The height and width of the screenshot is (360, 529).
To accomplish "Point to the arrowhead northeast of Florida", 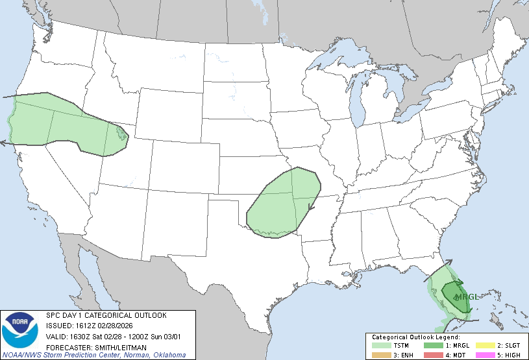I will tap(448, 261).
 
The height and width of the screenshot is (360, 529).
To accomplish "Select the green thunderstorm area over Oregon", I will tap(58, 123).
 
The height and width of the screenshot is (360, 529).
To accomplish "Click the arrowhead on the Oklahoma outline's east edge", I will tap(311, 208).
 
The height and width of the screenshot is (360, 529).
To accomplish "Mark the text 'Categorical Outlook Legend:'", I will tap(415, 337).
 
